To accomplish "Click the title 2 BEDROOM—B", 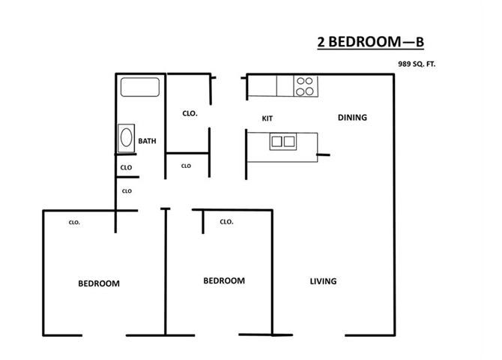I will [372, 43].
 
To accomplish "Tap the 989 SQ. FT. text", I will [417, 64].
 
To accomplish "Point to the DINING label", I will [352, 117].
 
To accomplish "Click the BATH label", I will [147, 141].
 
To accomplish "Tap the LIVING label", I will [323, 281].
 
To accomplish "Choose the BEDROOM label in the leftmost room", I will [99, 283].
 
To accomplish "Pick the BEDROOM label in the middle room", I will [224, 280].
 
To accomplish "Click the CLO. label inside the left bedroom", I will [74, 223].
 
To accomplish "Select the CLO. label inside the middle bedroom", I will [227, 222].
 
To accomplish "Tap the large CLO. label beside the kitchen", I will [190, 114].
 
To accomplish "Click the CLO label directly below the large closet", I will [186, 166].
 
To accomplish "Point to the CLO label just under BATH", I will [126, 167].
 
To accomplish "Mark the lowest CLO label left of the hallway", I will [126, 191].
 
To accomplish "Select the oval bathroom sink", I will [126, 139].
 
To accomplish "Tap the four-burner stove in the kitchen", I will [303, 87].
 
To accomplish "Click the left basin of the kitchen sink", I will [276, 140].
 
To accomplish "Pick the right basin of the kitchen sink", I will [288, 140].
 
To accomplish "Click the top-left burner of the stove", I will [300, 82].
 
